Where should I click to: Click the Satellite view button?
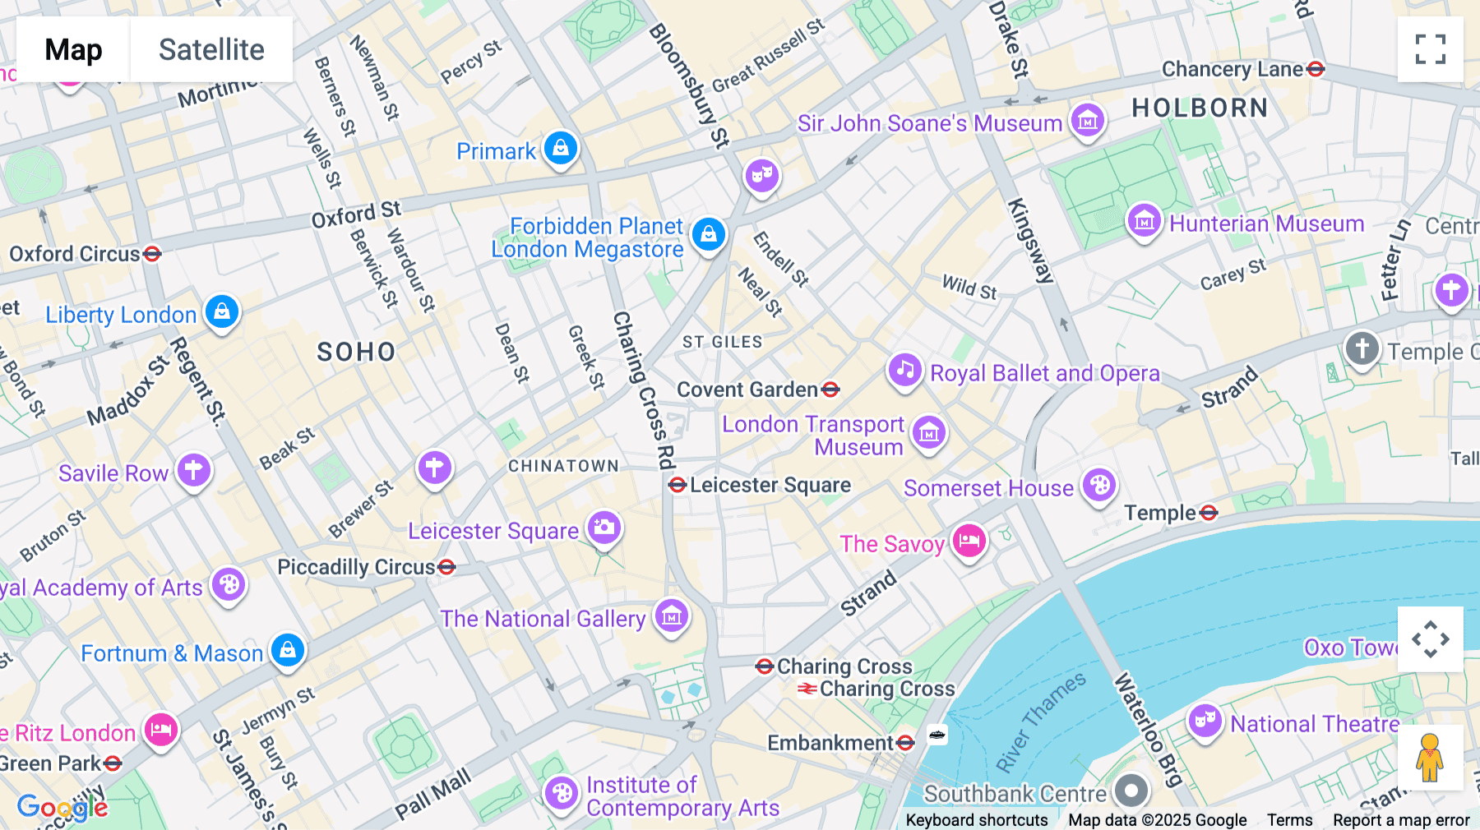(211, 49)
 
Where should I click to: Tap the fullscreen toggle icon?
(1430, 49)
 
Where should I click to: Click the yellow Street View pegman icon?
(1430, 757)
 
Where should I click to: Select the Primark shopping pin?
(561, 149)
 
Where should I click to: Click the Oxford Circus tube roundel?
(152, 254)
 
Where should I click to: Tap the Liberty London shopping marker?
(222, 312)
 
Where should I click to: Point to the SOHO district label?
(356, 353)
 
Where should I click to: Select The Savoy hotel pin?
(969, 542)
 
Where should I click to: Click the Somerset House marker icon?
(1099, 486)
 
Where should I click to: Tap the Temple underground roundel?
(1209, 514)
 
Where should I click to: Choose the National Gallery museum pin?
(672, 616)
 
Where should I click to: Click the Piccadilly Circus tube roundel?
(446, 567)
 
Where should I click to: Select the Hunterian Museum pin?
(1144, 221)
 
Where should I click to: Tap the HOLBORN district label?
(1200, 108)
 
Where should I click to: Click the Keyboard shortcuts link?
(976, 820)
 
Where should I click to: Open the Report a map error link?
(1401, 820)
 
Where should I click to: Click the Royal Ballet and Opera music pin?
(905, 370)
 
